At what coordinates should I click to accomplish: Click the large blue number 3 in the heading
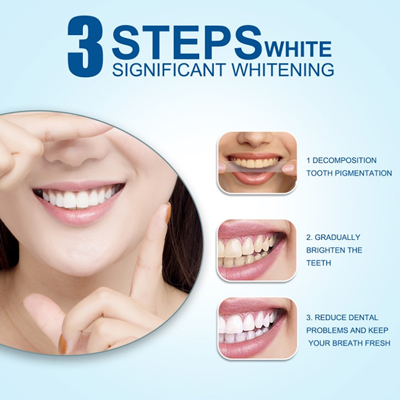85,46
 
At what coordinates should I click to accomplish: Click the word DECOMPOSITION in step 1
344,160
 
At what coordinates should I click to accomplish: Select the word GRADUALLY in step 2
337,237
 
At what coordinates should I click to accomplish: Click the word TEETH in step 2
318,263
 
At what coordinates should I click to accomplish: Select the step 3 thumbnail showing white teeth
257,328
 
